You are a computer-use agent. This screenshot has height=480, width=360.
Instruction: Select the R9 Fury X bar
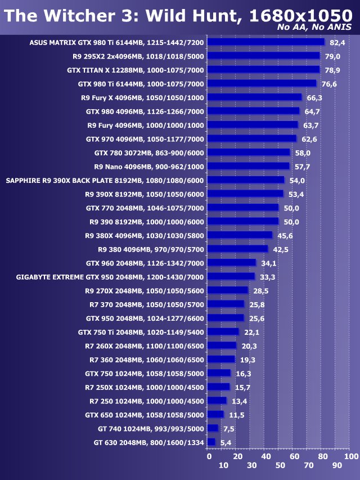254,97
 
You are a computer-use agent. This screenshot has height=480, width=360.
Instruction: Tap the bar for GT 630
211,442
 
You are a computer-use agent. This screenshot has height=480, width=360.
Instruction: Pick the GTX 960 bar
231,263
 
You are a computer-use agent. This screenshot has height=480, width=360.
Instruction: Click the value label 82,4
337,42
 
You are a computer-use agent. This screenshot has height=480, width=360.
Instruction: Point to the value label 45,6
285,235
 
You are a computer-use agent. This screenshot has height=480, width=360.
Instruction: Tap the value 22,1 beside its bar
251,332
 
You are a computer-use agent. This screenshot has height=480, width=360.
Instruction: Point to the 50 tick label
279,465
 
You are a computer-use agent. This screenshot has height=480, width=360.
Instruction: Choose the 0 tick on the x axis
208,456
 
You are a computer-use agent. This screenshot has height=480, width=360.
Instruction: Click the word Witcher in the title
86,17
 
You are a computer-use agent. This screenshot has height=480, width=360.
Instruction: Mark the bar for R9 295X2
263,56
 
